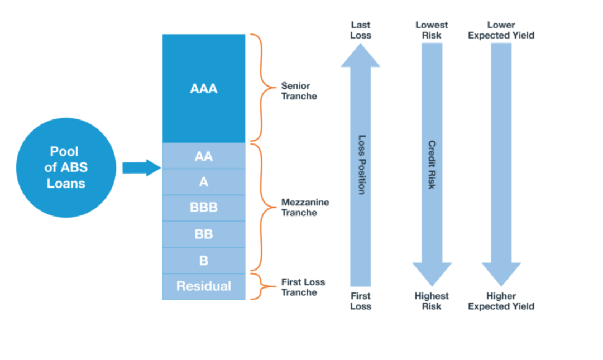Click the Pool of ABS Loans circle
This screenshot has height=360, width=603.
pyautogui.click(x=66, y=167)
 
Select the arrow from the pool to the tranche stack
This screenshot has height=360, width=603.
pyautogui.click(x=141, y=167)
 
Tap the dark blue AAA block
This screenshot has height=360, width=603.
pyautogui.click(x=204, y=88)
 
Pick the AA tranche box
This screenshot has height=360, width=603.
pyautogui.click(x=204, y=156)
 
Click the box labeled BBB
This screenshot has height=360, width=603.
pyautogui.click(x=204, y=208)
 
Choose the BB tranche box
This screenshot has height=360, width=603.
pyautogui.click(x=204, y=234)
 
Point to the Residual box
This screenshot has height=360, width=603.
pyautogui.click(x=204, y=286)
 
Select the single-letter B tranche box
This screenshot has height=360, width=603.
pyautogui.click(x=204, y=260)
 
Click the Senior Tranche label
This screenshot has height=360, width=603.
pyautogui.click(x=299, y=91)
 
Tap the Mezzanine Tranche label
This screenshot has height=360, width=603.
pyautogui.click(x=305, y=207)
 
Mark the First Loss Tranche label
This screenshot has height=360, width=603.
pyautogui.click(x=303, y=287)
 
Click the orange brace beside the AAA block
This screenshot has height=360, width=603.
pyautogui.click(x=258, y=88)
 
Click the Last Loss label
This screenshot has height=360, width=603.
pyautogui.click(x=361, y=30)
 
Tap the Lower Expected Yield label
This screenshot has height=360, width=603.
pyautogui.click(x=501, y=30)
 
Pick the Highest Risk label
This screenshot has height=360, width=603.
pyautogui.click(x=432, y=301)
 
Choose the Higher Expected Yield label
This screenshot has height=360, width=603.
pyautogui.click(x=501, y=301)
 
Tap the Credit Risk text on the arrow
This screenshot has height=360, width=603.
pyautogui.click(x=432, y=164)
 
